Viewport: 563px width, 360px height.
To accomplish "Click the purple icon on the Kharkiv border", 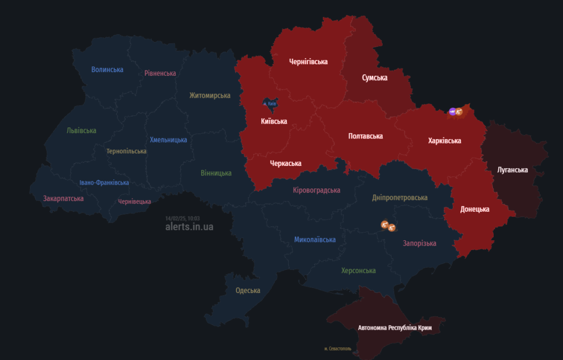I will pyautogui.click(x=452, y=112).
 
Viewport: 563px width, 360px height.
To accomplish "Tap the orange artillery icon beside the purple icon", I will pyautogui.click(x=459, y=112).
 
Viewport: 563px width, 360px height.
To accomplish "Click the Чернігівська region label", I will pyautogui.click(x=308, y=62).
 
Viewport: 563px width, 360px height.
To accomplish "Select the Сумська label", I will pyautogui.click(x=374, y=77).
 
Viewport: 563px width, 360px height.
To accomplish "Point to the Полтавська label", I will pyautogui.click(x=366, y=136).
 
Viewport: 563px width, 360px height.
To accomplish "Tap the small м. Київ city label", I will pyautogui.click(x=269, y=103).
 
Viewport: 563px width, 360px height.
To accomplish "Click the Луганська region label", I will pyautogui.click(x=512, y=170).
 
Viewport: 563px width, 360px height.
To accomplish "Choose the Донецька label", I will pyautogui.click(x=474, y=209).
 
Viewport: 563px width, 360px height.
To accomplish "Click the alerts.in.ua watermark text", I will pyautogui.click(x=189, y=226).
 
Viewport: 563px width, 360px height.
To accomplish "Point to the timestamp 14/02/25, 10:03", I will pyautogui.click(x=183, y=218).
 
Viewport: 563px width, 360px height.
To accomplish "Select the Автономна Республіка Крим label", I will pyautogui.click(x=395, y=328).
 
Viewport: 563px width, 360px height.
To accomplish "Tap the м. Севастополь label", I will pyautogui.click(x=341, y=348).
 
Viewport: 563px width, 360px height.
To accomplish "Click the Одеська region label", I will pyautogui.click(x=247, y=290).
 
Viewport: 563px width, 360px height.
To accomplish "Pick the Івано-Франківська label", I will pyautogui.click(x=104, y=182).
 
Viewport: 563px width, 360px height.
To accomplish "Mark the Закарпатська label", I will pyautogui.click(x=63, y=198).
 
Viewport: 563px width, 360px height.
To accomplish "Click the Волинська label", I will pyautogui.click(x=107, y=69).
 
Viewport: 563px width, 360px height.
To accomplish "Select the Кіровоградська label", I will pyautogui.click(x=316, y=190).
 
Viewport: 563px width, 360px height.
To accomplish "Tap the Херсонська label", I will pyautogui.click(x=358, y=270).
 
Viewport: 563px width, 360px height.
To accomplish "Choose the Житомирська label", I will pyautogui.click(x=209, y=95).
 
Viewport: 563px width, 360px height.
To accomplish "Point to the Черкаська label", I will pyautogui.click(x=285, y=163).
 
